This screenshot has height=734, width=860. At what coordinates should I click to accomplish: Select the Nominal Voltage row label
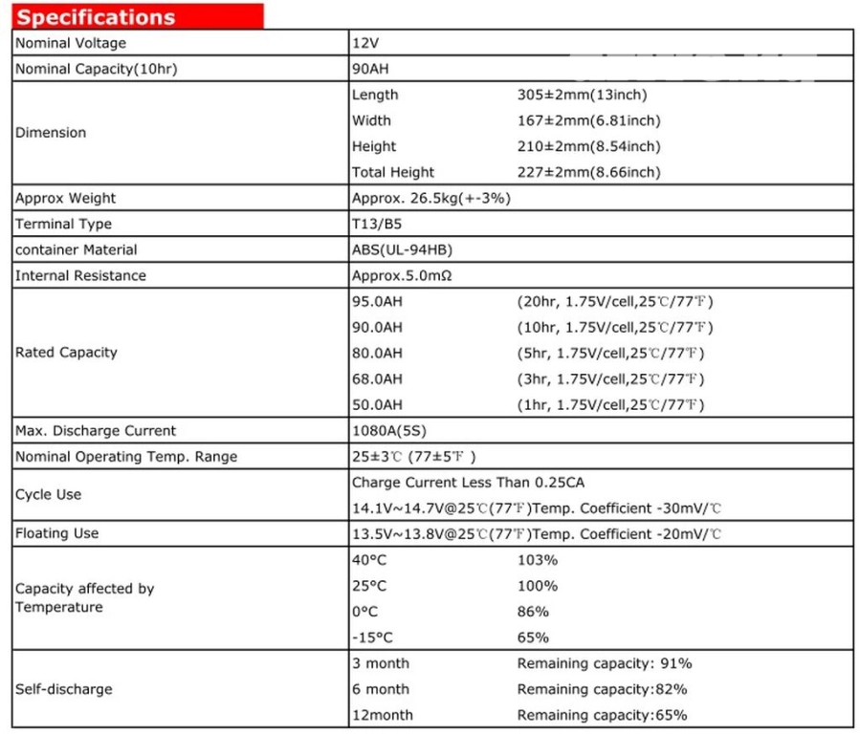tap(70, 43)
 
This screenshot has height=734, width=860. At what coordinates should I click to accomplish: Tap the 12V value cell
tap(364, 43)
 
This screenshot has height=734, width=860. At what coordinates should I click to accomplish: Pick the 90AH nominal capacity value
tap(371, 69)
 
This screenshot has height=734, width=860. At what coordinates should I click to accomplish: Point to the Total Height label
tap(392, 172)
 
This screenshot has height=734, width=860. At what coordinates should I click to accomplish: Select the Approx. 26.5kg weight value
tap(431, 198)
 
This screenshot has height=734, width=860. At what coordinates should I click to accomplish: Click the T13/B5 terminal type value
tap(378, 224)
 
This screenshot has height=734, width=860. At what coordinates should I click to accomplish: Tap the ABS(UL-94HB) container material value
tap(402, 249)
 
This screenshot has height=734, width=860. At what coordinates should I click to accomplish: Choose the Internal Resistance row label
tap(80, 275)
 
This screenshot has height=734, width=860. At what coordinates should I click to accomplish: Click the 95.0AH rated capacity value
tap(377, 301)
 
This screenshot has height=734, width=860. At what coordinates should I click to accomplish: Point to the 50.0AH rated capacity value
tap(377, 404)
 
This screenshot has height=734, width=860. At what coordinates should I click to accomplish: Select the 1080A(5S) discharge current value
tap(391, 430)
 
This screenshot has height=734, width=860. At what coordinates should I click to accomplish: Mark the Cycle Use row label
tap(48, 494)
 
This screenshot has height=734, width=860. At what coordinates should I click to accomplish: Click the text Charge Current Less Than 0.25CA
tap(468, 483)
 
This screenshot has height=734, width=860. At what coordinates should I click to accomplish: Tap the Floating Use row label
tap(56, 532)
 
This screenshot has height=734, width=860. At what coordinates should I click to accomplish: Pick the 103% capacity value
tap(538, 560)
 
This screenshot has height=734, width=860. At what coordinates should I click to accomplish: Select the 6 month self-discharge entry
tap(380, 689)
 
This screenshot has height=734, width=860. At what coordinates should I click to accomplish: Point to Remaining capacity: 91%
tap(605, 663)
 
